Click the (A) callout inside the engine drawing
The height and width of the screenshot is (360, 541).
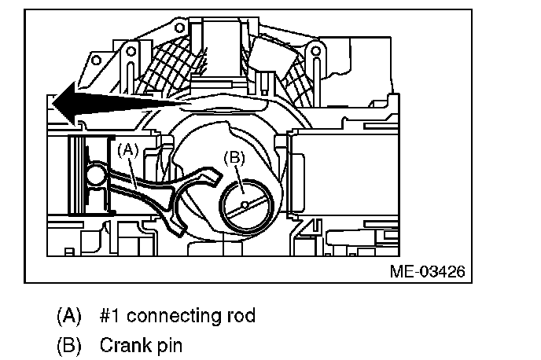pos(128,147)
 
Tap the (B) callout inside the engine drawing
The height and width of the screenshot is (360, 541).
pos(234,157)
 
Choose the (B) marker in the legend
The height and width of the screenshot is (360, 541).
pos(69,345)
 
